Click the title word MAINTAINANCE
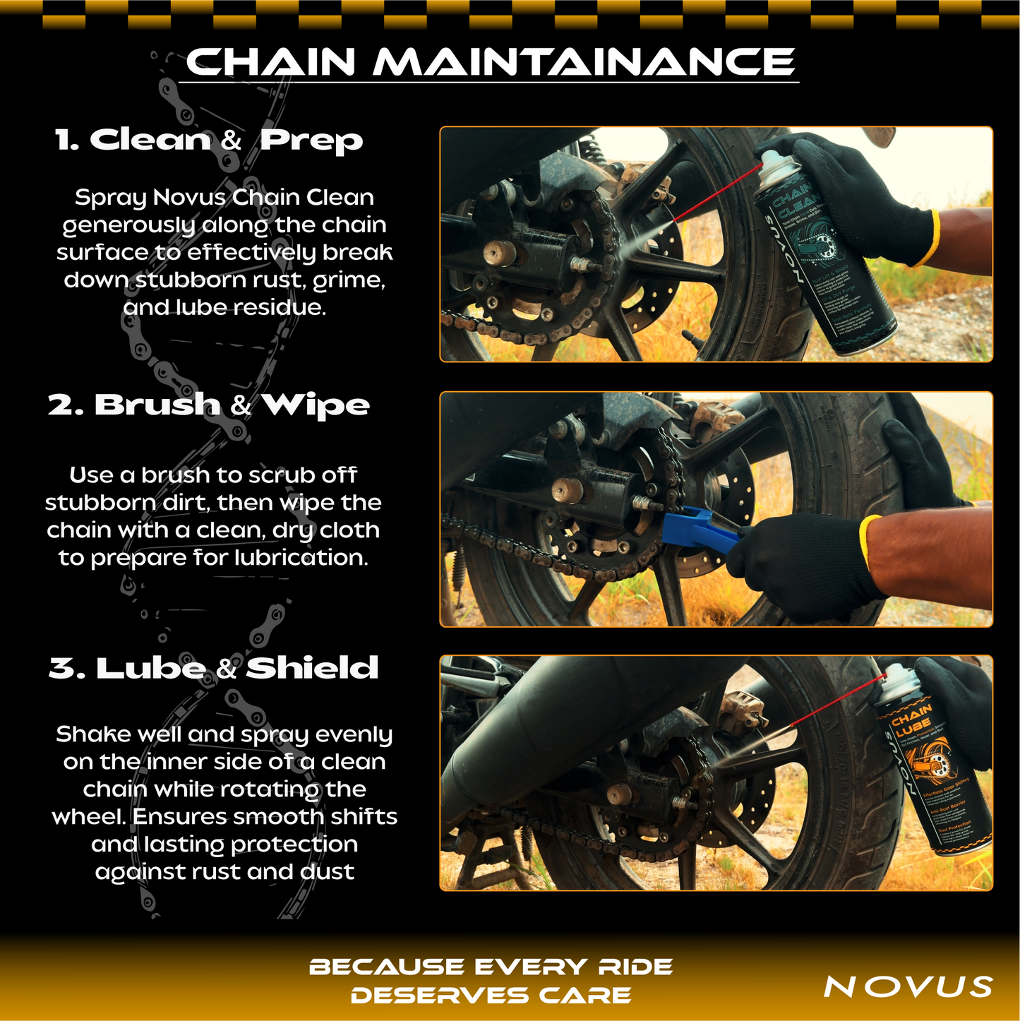pos(584,62)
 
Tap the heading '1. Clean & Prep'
pos(209,140)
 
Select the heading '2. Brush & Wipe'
pos(209,405)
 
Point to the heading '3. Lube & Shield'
pos(213,668)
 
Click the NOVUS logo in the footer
pos(908,986)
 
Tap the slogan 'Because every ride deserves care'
pos(491,981)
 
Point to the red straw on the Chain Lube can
pos(836,700)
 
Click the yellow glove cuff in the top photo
pos(925,239)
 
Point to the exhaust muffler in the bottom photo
pos(565,727)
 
